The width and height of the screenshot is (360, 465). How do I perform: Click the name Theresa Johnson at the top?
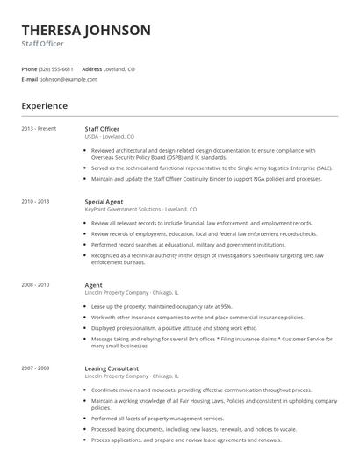[86, 30]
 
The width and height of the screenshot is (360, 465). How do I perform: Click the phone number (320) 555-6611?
[57, 68]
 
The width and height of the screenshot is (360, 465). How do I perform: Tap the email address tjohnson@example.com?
[68, 79]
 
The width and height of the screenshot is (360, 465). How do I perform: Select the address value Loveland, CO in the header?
[120, 68]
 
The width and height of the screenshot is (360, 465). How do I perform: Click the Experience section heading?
[45, 106]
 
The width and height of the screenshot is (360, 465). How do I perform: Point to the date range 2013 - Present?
[39, 129]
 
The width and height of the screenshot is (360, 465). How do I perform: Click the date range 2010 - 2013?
[36, 202]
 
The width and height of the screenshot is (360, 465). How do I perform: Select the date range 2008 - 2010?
[36, 284]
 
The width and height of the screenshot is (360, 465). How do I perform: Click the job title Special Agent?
[104, 202]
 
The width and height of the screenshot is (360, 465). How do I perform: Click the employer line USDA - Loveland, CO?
[110, 137]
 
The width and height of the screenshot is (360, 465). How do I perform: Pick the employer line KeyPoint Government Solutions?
[140, 210]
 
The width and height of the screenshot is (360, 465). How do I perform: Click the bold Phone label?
[29, 68]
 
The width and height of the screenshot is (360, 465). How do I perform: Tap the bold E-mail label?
[30, 79]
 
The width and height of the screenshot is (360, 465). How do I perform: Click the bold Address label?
[92, 68]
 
